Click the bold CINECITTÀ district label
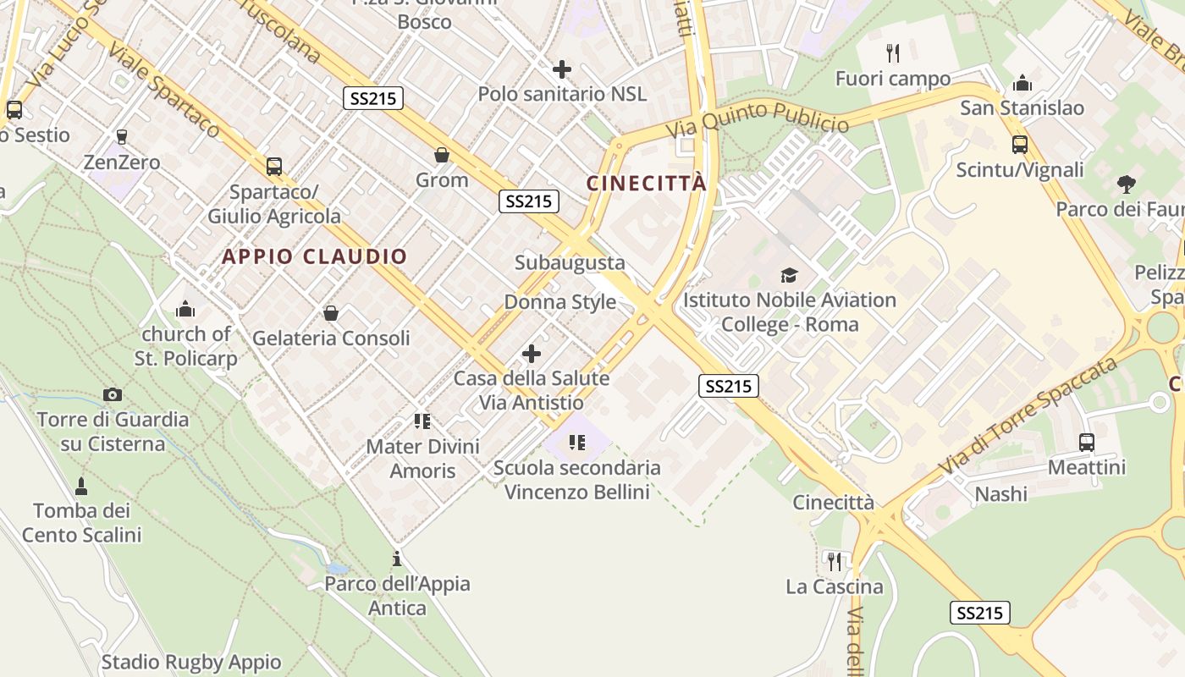pos(646,184)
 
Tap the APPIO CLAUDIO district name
pos(315,256)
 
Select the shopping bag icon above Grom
pos(441,155)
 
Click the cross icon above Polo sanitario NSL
pos(561,69)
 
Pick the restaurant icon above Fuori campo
pos(892,53)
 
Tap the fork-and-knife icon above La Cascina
pos(834,560)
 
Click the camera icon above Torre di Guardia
pos(112,394)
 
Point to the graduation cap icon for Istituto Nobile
pos(789,275)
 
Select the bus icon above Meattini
pos(1087,442)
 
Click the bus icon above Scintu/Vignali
pos(1019,145)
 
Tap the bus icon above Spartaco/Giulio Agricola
pos(273,167)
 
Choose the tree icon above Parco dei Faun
pos(1126,184)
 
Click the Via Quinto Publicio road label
pos(757,119)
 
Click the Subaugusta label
pos(570,262)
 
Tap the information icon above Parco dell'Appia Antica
pos(396,559)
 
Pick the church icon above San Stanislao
pos(1022,83)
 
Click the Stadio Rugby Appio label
pos(191,662)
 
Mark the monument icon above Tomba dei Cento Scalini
pos(81,486)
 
